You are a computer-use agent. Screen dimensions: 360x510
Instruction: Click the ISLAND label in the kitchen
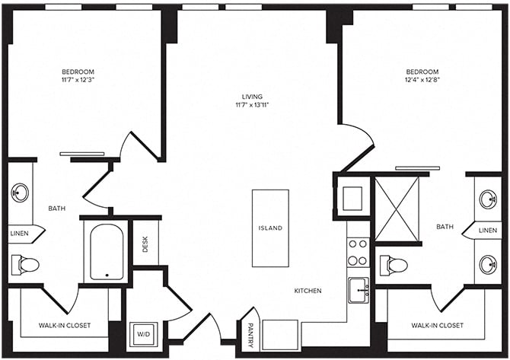[x=270, y=228]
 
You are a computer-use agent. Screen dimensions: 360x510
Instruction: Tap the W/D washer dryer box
[x=144, y=333]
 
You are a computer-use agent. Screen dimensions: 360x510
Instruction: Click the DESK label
[x=145, y=244]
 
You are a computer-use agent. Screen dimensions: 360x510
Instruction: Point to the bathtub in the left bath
[x=106, y=252]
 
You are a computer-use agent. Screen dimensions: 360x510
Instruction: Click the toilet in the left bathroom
[x=25, y=265]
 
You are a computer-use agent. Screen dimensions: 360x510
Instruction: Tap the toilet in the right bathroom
[x=394, y=266]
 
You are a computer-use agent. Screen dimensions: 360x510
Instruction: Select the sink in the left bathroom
[x=20, y=193]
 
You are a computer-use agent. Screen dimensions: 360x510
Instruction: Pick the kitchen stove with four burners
[x=358, y=252]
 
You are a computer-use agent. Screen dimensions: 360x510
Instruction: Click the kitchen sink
[x=359, y=289]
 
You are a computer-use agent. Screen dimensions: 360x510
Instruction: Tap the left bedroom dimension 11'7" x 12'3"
[x=83, y=79]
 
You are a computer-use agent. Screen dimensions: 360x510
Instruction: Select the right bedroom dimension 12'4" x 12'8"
[x=422, y=79]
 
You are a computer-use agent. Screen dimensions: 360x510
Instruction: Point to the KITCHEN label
[x=308, y=291]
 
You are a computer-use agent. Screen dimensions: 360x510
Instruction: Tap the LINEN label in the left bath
[x=19, y=234]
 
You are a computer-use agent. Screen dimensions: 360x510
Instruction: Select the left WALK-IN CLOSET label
[x=65, y=325]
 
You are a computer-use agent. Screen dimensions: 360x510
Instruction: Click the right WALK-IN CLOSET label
[x=437, y=325]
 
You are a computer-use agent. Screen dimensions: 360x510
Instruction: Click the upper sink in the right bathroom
[x=487, y=199]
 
